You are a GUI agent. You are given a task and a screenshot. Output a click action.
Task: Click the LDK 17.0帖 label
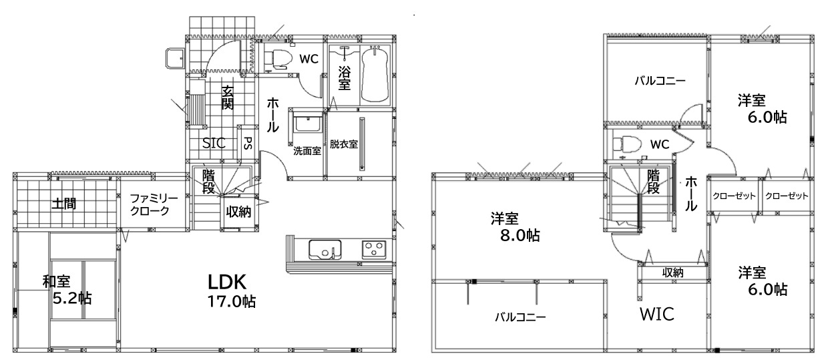tap(231, 291)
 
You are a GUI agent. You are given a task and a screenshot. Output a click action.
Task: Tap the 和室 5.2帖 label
tap(67, 290)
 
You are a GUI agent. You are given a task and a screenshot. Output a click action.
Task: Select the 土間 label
tap(64, 203)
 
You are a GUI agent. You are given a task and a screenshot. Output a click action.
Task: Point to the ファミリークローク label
tap(154, 205)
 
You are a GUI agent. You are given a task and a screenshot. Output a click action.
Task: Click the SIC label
tap(214, 143)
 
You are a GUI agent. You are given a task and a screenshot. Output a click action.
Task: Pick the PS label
tap(248, 143)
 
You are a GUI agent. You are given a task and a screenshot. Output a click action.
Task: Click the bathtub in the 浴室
tap(375, 74)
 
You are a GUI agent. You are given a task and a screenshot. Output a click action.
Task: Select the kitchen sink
tap(325, 250)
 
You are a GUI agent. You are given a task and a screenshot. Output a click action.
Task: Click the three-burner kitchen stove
tap(374, 249)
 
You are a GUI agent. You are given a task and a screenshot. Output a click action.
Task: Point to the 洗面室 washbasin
tap(307, 124)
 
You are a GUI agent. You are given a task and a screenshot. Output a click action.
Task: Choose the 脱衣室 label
tap(344, 144)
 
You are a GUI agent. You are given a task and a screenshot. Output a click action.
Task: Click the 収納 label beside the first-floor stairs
tap(238, 212)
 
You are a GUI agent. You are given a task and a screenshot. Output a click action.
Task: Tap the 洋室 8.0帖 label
tap(515, 227)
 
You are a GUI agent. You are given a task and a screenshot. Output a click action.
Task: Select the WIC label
tap(657, 315)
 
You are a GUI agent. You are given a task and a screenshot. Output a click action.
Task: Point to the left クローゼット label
tap(734, 196)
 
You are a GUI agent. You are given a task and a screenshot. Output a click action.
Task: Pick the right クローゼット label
tap(787, 196)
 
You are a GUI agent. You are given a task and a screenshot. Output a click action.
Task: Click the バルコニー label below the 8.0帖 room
tap(520, 317)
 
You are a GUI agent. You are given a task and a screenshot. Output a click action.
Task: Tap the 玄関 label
tap(228, 98)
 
